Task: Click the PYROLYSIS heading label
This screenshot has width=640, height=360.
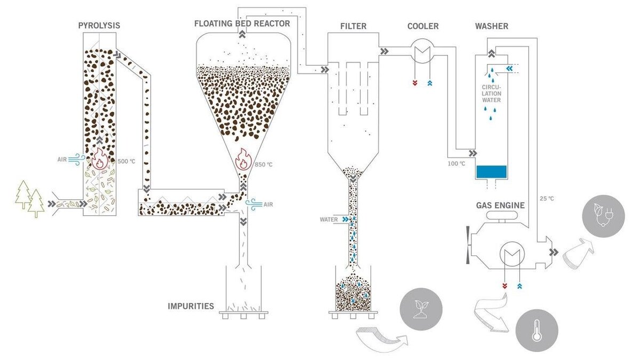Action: [99, 25]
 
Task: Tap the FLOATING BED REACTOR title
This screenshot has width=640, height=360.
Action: [242, 23]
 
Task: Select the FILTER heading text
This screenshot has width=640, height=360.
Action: [353, 26]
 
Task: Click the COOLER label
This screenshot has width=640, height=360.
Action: [423, 26]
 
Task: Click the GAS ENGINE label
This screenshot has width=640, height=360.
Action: [500, 205]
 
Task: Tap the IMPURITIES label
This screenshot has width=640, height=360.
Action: [191, 306]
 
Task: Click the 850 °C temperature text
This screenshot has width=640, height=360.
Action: [264, 164]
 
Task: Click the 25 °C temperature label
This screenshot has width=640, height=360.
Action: [547, 198]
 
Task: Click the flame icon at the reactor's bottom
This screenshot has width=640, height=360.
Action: [243, 159]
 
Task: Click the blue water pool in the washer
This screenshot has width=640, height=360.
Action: [491, 171]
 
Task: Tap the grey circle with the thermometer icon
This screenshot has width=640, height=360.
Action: [537, 331]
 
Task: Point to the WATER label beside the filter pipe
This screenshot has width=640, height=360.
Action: [329, 219]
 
